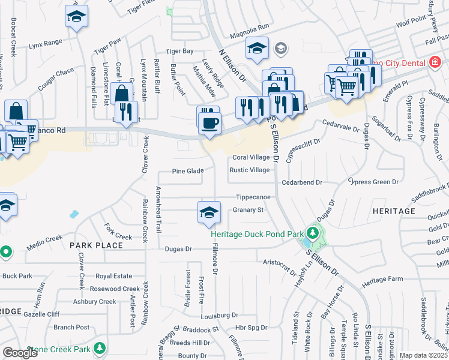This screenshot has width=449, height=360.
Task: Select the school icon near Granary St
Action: [x=209, y=213]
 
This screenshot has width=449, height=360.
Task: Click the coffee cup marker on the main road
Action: [x=209, y=124]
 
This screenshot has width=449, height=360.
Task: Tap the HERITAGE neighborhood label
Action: [x=394, y=211]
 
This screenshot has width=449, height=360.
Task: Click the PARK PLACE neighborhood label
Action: [x=96, y=245]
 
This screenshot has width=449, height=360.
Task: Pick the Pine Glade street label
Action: [x=188, y=171]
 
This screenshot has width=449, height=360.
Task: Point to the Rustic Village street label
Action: [x=250, y=170]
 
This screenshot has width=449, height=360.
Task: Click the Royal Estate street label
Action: [x=114, y=277]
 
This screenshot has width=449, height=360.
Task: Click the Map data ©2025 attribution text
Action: [x=423, y=355]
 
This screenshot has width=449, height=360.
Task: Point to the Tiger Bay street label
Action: [x=180, y=52]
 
